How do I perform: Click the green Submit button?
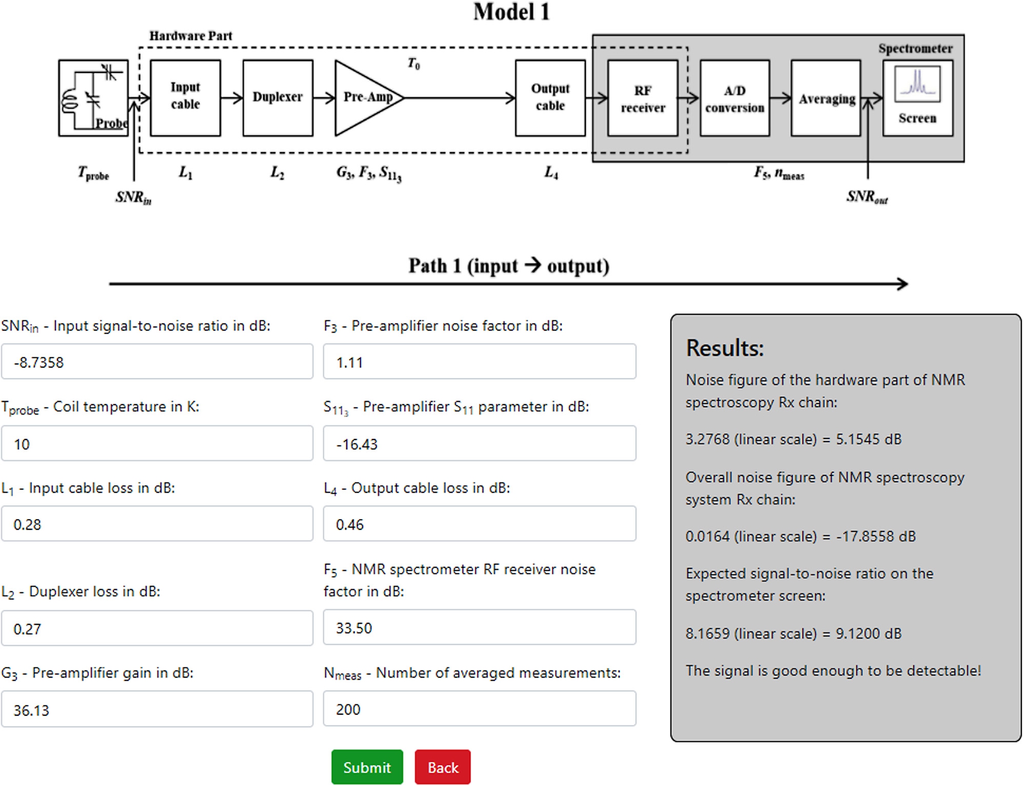point(367,767)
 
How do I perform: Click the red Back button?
point(442,767)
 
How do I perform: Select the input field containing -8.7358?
point(157,362)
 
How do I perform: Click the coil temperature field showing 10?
point(157,444)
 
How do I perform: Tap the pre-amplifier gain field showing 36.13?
point(157,710)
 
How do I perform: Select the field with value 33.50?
point(479,627)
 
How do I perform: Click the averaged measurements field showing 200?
point(479,709)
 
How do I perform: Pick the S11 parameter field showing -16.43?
point(479,444)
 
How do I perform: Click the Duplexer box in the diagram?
point(278,98)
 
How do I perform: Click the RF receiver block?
point(642,99)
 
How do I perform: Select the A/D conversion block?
point(734,99)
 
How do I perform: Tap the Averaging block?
point(825,99)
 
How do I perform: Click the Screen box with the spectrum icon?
point(917,99)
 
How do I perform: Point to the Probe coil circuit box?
point(93,98)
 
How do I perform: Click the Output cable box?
point(550,98)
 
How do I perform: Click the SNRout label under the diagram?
point(867,197)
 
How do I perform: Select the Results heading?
point(724,348)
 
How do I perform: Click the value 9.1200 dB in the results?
point(868,633)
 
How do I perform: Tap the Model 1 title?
point(511,12)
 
